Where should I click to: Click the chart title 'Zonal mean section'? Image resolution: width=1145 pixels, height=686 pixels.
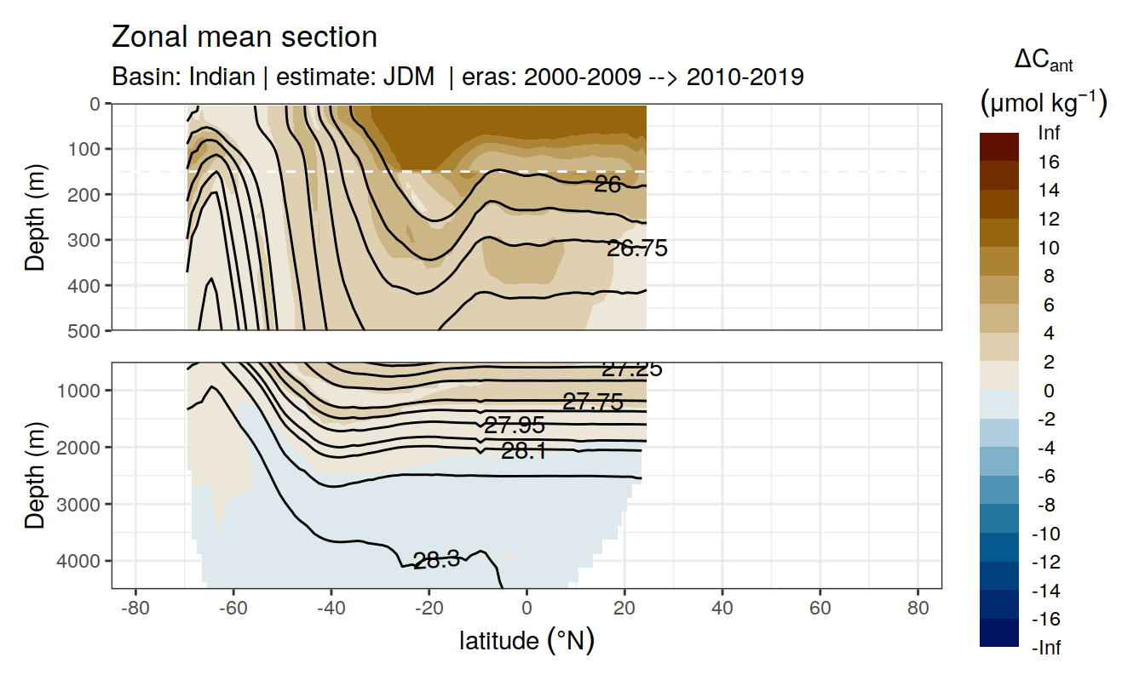click(245, 37)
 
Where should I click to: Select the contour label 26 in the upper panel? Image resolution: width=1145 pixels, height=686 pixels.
click(607, 184)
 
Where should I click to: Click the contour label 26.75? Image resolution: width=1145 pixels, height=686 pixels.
click(636, 249)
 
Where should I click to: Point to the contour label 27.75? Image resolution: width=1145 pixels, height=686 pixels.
click(593, 403)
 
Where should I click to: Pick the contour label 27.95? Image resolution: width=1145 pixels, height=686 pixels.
click(514, 426)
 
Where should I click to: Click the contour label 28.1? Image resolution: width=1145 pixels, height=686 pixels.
click(523, 451)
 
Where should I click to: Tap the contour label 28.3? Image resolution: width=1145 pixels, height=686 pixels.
click(436, 559)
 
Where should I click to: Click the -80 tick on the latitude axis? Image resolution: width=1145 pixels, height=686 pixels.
click(133, 611)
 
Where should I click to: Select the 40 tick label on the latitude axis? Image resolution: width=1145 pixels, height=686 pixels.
click(722, 611)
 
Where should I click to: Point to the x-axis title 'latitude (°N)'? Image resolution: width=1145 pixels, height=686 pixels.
click(526, 640)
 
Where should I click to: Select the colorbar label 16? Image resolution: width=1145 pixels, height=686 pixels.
click(1049, 162)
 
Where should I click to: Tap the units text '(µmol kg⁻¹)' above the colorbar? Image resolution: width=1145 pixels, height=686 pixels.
click(1043, 103)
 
